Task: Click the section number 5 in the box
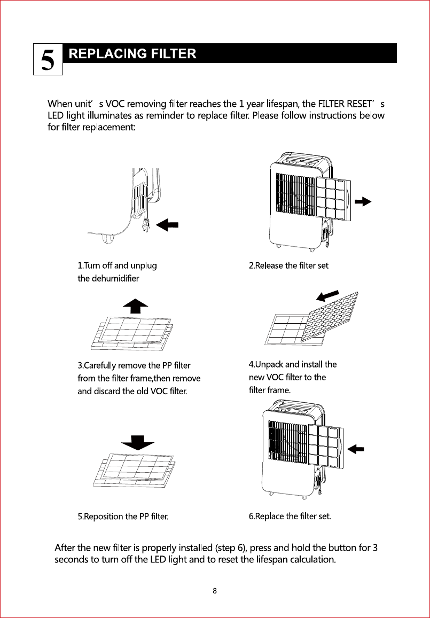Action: tap(48, 60)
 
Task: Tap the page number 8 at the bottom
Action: tap(215, 591)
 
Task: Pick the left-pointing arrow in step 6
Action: tap(355, 449)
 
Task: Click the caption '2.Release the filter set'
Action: tap(288, 265)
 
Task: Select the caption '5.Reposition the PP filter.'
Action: tap(123, 517)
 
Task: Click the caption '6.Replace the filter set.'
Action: tap(290, 517)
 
